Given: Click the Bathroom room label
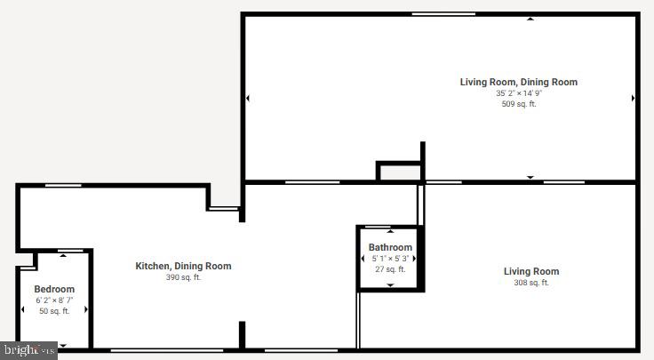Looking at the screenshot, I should click(390, 247).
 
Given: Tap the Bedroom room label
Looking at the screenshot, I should click(54, 289).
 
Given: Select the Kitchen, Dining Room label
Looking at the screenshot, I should click(183, 266).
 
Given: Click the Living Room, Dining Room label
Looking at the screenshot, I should click(518, 82).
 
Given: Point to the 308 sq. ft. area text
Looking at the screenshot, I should click(531, 283).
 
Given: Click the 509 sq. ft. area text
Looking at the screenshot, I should click(519, 104).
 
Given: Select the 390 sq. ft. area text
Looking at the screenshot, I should click(183, 277).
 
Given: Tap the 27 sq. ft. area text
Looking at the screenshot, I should click(390, 268).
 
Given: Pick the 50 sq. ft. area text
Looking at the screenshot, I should click(54, 311).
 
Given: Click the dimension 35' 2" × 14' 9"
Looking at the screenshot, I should click(519, 93).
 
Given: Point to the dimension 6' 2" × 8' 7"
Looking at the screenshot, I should click(54, 300).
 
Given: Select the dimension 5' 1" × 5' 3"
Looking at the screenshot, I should click(390, 258).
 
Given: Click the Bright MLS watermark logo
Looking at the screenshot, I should click(28, 351).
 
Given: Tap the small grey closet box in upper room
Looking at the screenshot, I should click(399, 172).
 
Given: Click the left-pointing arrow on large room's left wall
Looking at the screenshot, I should click(248, 98).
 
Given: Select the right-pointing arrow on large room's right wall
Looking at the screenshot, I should click(633, 98).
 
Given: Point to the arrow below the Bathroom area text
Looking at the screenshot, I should click(390, 285).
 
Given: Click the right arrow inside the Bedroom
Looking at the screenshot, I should click(86, 309).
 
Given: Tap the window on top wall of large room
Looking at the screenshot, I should click(443, 14).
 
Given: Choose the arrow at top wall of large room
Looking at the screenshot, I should click(530, 18).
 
